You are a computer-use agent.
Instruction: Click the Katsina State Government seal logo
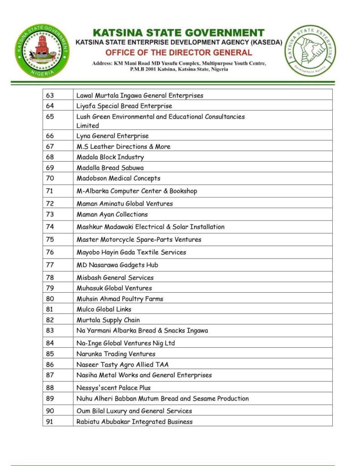(x=41, y=51)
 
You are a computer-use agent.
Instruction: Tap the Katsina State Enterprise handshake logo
(x=311, y=51)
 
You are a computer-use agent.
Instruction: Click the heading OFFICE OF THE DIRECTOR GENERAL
(x=178, y=53)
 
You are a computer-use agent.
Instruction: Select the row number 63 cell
(x=50, y=96)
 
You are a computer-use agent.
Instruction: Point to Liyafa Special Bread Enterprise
(x=124, y=106)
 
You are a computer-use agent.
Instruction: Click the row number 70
(x=50, y=178)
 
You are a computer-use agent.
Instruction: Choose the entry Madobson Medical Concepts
(x=118, y=178)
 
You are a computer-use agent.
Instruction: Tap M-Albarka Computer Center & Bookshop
(x=137, y=191)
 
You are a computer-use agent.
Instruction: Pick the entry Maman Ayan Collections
(x=112, y=214)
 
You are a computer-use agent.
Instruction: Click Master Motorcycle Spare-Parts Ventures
(x=138, y=239)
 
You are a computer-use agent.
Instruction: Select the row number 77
(x=50, y=265)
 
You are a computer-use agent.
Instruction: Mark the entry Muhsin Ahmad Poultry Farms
(x=120, y=299)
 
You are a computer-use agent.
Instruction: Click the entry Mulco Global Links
(x=104, y=309)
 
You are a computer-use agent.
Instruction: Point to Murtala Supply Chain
(x=108, y=320)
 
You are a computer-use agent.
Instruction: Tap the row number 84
(x=50, y=343)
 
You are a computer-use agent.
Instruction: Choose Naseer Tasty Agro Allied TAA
(x=122, y=364)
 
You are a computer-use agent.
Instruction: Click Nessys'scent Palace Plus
(x=113, y=388)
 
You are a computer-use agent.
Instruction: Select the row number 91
(x=50, y=421)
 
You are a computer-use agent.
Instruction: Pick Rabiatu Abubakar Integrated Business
(x=134, y=421)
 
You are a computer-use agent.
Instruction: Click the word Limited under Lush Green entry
(x=87, y=126)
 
